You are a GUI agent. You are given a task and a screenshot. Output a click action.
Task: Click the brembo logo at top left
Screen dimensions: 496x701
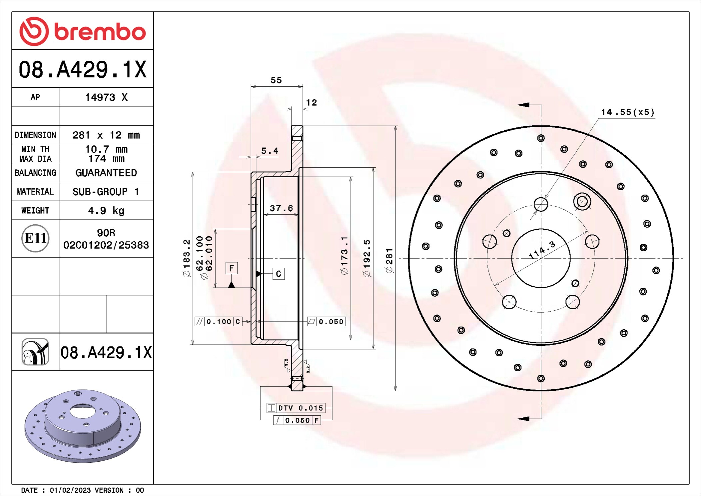coord(82,31)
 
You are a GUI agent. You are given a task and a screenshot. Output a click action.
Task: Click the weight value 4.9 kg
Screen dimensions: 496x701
coord(106,211)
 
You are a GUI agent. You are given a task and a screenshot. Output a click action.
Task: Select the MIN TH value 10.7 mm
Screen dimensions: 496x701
coord(106,149)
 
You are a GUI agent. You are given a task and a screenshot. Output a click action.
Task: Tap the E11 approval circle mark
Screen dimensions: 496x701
coord(35,238)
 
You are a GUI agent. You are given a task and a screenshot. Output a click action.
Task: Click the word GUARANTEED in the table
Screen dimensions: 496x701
coord(106,173)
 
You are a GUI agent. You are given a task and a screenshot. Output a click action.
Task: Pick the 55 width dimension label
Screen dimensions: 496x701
coord(276,80)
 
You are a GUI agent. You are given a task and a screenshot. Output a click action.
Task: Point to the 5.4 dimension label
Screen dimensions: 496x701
coord(269,151)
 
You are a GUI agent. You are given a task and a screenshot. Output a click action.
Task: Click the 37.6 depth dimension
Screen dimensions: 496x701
coord(281,208)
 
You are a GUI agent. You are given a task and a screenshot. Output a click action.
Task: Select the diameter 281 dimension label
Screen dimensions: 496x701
coord(389,260)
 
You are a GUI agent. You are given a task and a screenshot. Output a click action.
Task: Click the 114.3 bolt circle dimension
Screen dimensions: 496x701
coord(542,250)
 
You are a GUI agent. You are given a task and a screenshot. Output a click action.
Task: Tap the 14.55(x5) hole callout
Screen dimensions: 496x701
coord(627,112)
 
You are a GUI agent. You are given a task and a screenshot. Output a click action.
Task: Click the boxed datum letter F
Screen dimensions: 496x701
coord(232,268)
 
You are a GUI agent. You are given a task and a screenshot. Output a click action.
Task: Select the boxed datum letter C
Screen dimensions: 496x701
coord(279,274)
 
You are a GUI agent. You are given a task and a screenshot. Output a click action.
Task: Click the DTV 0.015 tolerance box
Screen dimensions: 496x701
coord(296,408)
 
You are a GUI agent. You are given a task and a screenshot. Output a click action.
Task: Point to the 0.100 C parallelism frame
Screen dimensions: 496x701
coord(219,322)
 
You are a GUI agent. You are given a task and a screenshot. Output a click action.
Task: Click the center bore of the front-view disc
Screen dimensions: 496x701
coord(540,258)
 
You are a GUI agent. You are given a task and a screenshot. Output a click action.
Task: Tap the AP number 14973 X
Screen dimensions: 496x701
coord(106,97)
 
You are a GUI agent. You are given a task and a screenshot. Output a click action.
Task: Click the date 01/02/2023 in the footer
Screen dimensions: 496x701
coord(70,490)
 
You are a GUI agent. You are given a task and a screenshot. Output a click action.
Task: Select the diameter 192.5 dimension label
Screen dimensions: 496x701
coord(366,258)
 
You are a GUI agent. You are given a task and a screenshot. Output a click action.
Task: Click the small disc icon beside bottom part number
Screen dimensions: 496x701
coord(35,352)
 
